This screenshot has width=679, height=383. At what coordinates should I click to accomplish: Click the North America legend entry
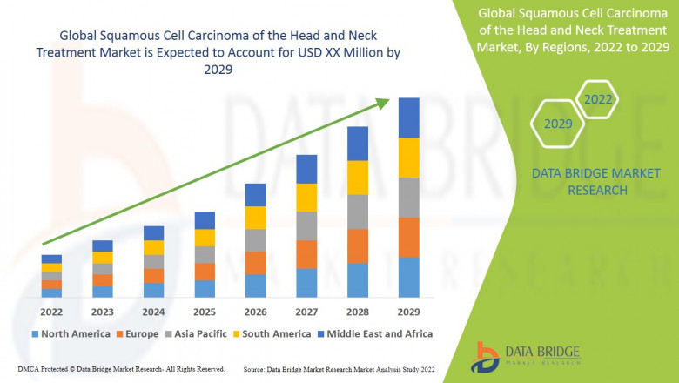click(71, 333)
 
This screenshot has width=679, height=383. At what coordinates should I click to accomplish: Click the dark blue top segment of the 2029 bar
click(408, 118)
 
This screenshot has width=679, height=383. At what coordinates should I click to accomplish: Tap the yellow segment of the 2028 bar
click(357, 178)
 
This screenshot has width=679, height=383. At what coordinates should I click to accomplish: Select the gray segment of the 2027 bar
click(306, 225)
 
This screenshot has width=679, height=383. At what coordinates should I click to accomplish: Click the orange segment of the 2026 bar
click(254, 263)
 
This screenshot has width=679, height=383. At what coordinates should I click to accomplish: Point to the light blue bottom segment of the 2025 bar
click(204, 288)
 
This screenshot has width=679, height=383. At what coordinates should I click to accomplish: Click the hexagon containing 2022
click(597, 99)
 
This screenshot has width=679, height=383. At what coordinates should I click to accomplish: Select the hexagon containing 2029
click(558, 124)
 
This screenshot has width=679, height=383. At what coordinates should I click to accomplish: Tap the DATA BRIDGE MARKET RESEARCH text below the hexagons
click(580, 181)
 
